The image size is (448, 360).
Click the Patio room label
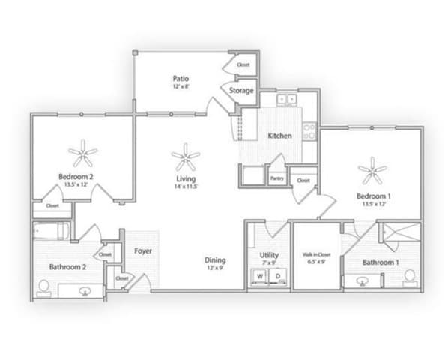(x=180, y=77)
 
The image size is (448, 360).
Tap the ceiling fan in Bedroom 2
(x=82, y=155)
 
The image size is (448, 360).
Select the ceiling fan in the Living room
(x=185, y=157)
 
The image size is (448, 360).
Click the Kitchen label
(x=279, y=136)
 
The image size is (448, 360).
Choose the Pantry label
(x=276, y=178)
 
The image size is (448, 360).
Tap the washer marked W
(x=260, y=276)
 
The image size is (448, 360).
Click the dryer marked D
(x=277, y=276)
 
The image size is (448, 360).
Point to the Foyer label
(x=143, y=251)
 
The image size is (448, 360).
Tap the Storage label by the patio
(x=241, y=91)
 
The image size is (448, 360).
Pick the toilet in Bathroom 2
(x=44, y=286)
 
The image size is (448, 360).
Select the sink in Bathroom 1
(x=363, y=281)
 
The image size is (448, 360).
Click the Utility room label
(x=269, y=255)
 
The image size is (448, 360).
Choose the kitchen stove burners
(x=309, y=132)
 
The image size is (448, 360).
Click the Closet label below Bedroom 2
(x=52, y=205)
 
